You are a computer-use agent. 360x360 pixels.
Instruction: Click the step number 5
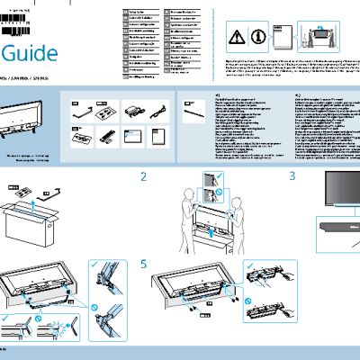point(147,265)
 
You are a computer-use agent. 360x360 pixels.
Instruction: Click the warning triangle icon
point(235,36)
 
